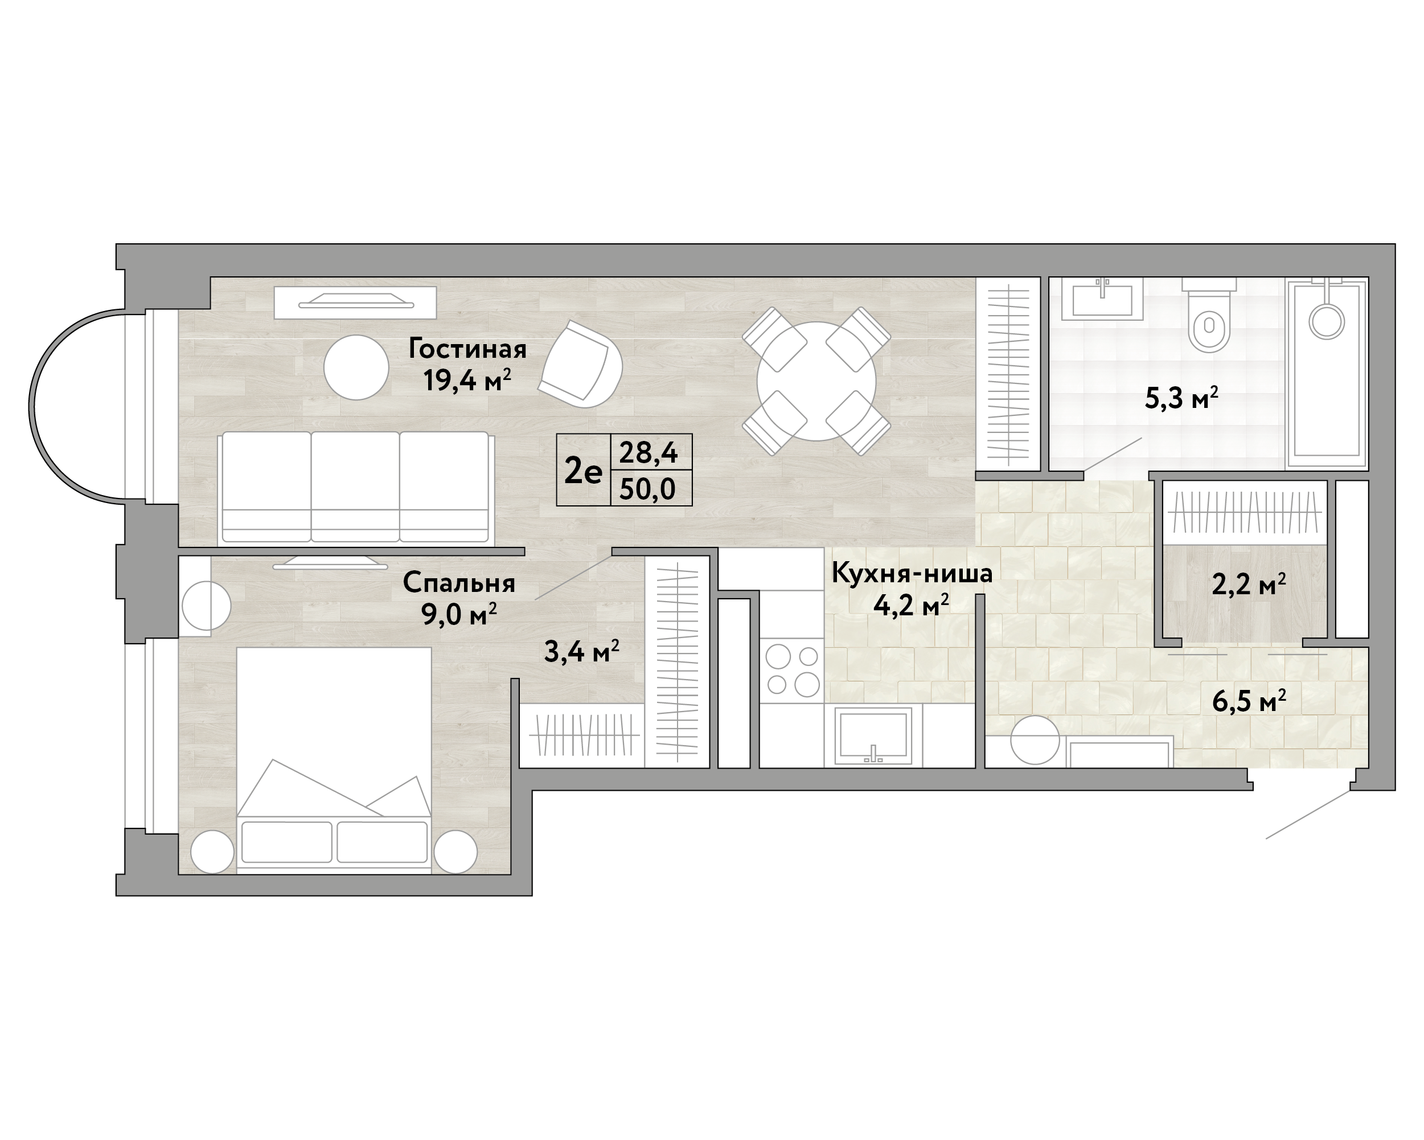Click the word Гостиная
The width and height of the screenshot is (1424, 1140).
pos(467,349)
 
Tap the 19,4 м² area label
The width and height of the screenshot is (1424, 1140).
pos(467,380)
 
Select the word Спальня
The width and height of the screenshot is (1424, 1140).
pos(459,583)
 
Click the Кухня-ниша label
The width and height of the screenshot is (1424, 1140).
pos(912,573)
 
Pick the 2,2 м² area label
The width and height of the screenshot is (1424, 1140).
pos(1248,584)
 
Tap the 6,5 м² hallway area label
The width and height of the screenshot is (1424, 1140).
pos(1249,701)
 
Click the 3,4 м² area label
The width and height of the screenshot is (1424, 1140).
pos(581,652)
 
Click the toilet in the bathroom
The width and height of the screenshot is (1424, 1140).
pos(1209,314)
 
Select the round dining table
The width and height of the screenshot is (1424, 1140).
pos(816,381)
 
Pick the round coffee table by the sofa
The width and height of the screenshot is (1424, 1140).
pos(356,367)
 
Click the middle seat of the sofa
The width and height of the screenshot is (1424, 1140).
pos(355,487)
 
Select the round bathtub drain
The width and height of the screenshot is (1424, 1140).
pos(1327,322)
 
